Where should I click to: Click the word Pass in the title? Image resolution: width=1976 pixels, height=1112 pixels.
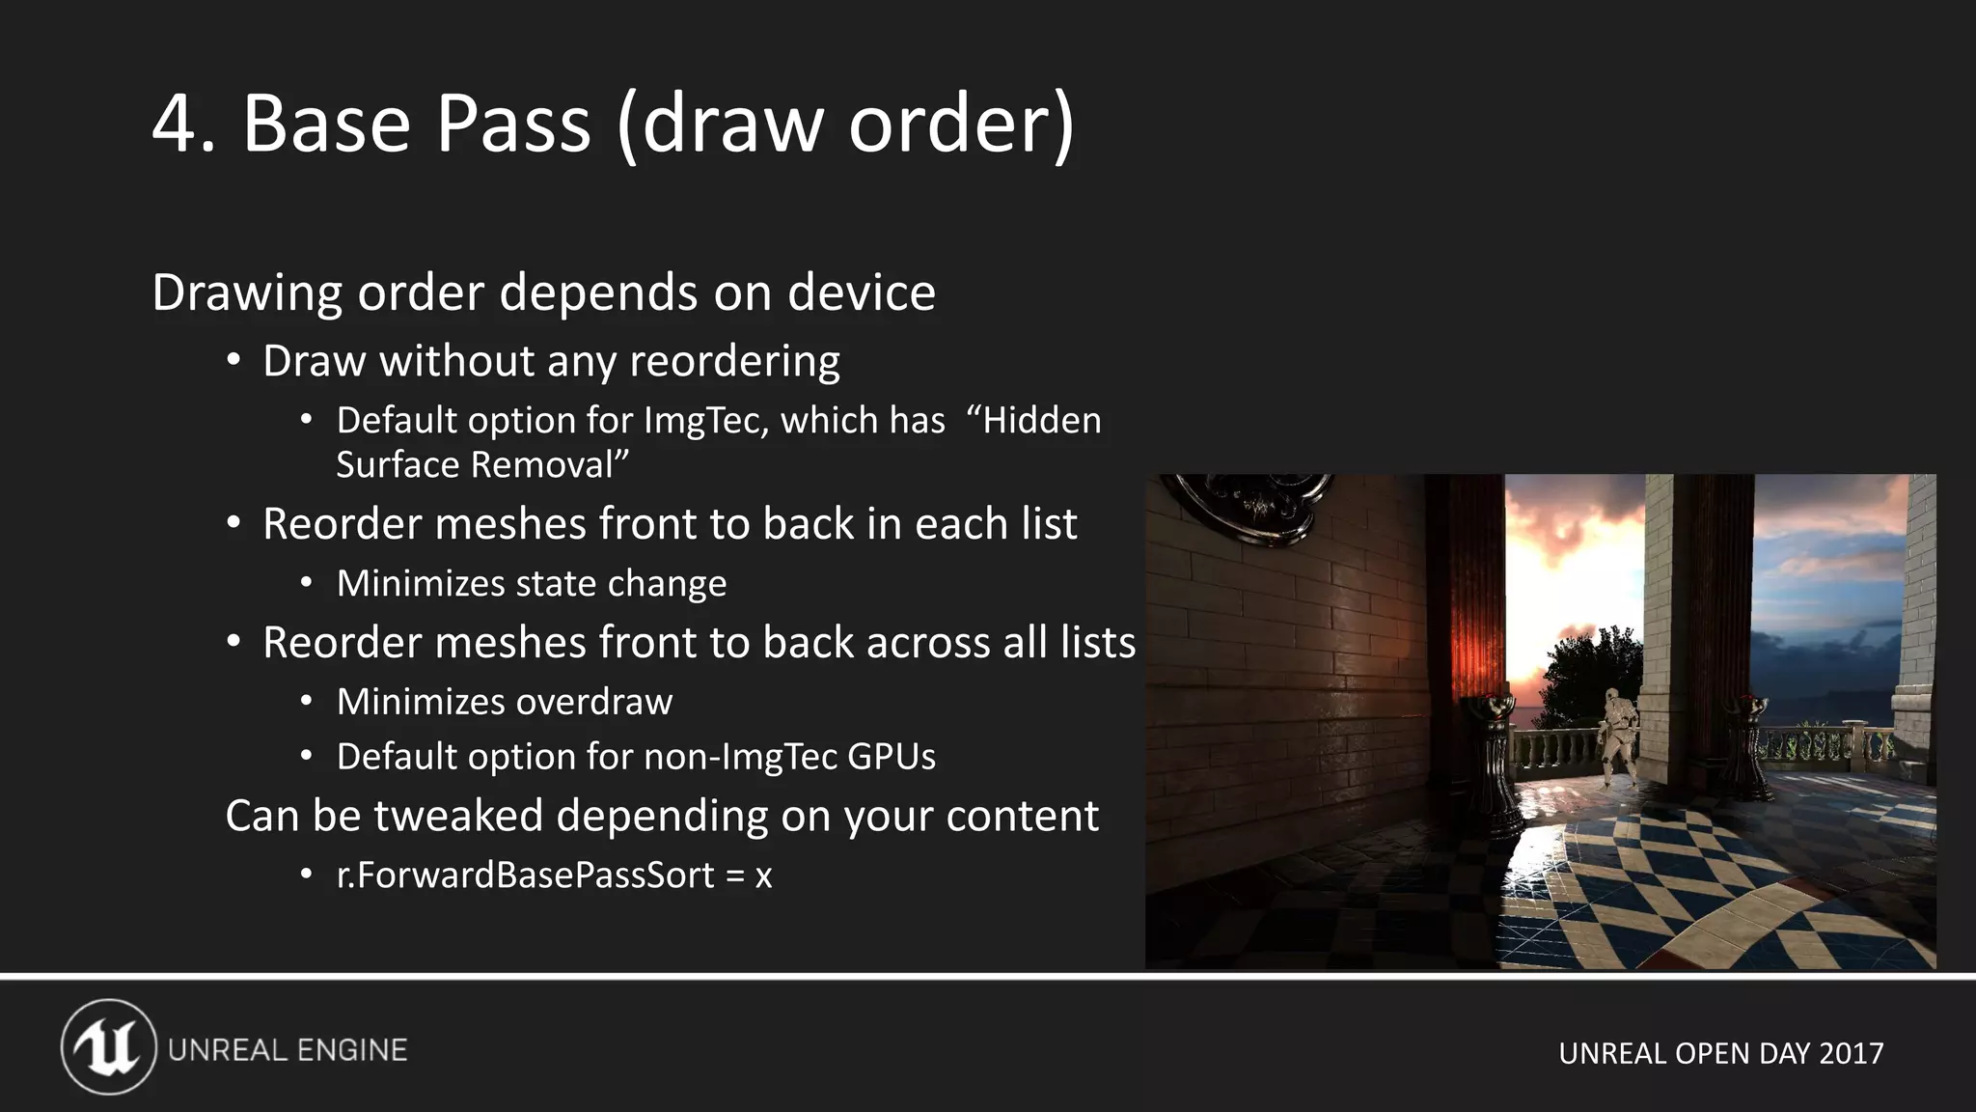click(x=512, y=124)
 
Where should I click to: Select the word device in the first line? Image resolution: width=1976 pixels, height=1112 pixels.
click(x=861, y=292)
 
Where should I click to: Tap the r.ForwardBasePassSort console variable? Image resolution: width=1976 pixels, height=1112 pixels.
click(x=526, y=876)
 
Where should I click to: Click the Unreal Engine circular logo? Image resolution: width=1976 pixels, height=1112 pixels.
click(x=108, y=1047)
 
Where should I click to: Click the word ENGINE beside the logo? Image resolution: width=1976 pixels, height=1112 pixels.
click(x=351, y=1050)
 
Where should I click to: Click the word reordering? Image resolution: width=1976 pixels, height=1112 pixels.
click(x=734, y=362)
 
